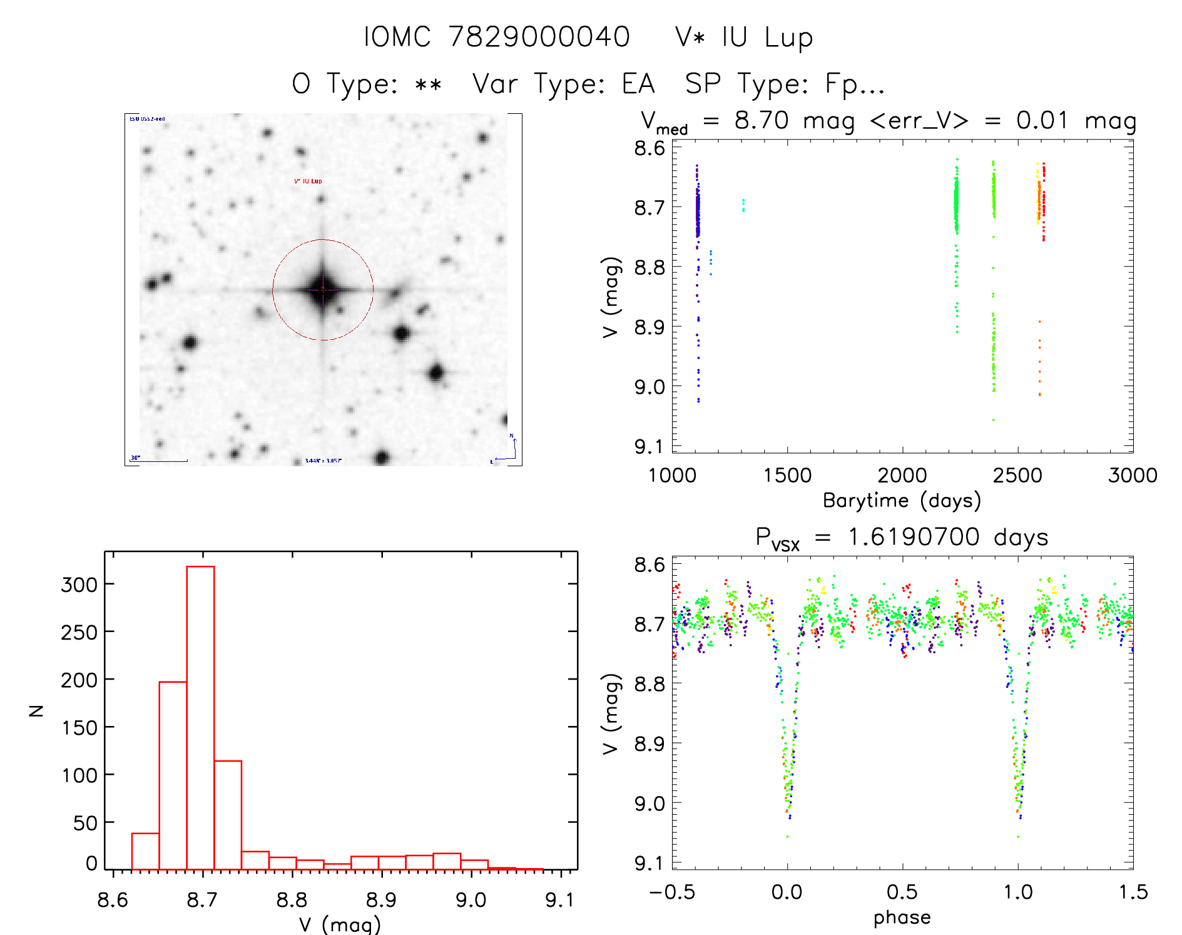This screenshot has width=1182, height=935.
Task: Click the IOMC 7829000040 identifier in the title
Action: tap(497, 37)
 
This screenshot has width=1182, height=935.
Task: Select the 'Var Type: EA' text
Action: tap(563, 84)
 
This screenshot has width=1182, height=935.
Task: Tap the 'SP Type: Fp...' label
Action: tap(785, 84)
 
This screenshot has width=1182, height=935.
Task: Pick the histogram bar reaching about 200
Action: tap(173, 776)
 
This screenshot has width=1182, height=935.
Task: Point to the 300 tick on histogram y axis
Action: tap(79, 585)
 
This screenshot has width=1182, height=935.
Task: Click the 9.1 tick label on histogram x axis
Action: tap(559, 900)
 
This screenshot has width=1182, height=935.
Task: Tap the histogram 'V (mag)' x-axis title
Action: tap(339, 924)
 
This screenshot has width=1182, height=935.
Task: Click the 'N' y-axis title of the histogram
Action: tap(36, 710)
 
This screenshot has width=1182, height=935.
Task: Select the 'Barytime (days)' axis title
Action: tap(902, 501)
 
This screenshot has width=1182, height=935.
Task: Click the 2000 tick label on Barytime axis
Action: tap(902, 476)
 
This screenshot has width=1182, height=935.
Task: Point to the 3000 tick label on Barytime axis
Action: tap(1132, 476)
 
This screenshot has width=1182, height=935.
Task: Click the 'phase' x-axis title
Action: tap(902, 917)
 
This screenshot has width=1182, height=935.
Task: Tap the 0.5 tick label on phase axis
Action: tap(902, 892)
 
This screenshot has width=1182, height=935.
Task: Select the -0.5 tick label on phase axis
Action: tap(672, 892)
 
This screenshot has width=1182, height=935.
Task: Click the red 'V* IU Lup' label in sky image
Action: tap(308, 181)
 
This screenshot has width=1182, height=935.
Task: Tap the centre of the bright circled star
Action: tap(323, 289)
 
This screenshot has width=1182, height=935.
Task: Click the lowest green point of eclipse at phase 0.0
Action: tap(787, 837)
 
